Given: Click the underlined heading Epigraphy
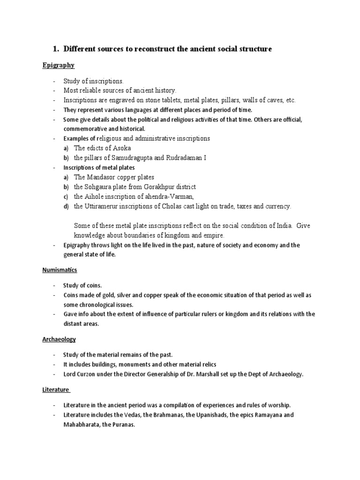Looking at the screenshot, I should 59,65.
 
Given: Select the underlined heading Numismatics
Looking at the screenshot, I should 60,270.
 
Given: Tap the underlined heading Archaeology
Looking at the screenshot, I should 59,339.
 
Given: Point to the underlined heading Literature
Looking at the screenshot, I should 55,390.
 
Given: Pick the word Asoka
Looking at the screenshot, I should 121,148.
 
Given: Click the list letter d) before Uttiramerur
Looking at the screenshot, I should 66,206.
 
